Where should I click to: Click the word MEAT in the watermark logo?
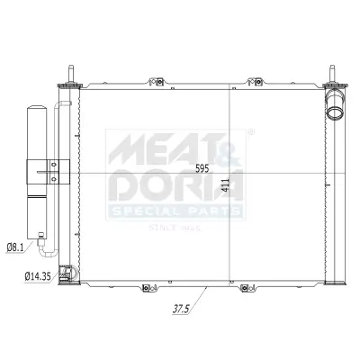[x=148, y=147]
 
